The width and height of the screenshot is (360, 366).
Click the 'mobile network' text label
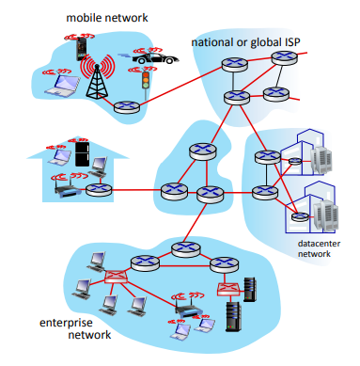pos(100,18)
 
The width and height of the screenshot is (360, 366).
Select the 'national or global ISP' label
pos(246,43)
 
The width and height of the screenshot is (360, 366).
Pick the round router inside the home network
pos(99,189)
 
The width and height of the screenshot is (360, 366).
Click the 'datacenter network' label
pos(310,248)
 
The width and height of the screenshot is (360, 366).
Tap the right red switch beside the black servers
pos(227,289)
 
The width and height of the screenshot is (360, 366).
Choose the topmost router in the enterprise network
pos(181,250)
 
